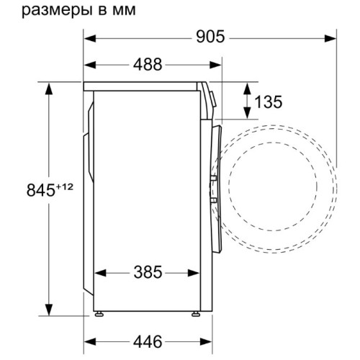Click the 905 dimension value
210,37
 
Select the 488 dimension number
148,65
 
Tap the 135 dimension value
268,102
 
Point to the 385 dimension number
148,272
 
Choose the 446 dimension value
148,341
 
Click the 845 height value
41,190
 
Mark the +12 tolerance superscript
64,186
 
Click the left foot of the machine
99,314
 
